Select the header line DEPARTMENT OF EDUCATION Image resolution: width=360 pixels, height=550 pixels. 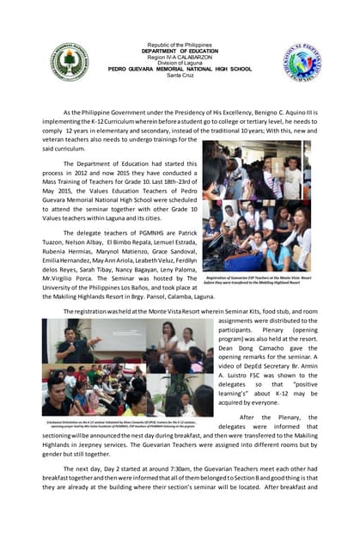tap(180, 51)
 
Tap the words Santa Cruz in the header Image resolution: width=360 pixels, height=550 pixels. tap(180, 75)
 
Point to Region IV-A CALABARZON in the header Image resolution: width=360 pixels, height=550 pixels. tap(180, 57)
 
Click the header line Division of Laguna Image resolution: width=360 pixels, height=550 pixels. tap(180, 63)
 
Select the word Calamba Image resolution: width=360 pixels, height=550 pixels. tap(168, 294)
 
